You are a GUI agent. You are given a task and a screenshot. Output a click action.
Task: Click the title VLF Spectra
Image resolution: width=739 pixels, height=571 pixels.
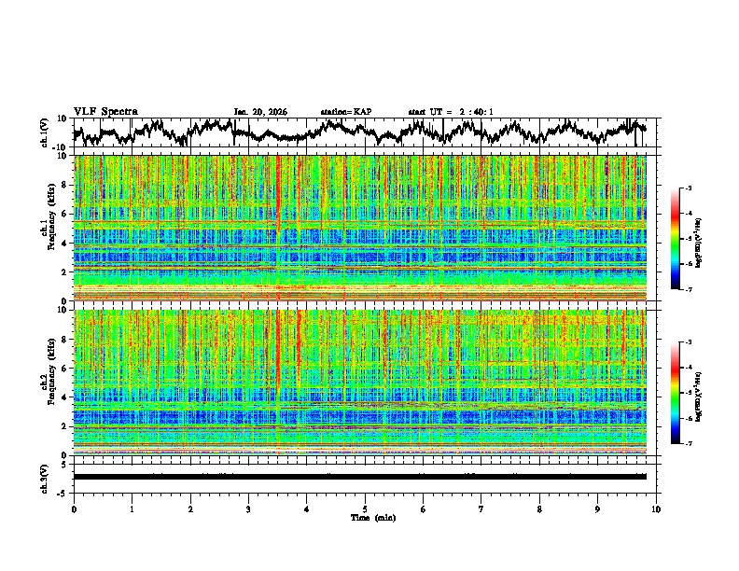pyautogui.click(x=105, y=111)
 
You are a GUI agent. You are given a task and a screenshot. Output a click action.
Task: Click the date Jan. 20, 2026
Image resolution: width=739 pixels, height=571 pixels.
pyautogui.click(x=260, y=112)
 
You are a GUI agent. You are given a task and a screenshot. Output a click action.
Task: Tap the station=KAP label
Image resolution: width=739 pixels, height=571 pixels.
pyautogui.click(x=345, y=112)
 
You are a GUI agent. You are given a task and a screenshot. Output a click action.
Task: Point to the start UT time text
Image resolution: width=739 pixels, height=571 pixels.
pyautogui.click(x=451, y=112)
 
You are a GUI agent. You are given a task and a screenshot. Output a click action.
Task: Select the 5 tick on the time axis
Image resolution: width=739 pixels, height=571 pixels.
pyautogui.click(x=365, y=509)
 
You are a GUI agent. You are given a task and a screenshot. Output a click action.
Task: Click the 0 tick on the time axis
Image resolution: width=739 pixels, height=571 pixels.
pyautogui.click(x=74, y=509)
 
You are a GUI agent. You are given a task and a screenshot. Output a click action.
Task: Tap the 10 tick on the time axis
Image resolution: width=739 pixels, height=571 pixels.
pyautogui.click(x=656, y=509)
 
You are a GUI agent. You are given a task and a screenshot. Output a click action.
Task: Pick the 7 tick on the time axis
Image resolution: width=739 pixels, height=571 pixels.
pyautogui.click(x=481, y=509)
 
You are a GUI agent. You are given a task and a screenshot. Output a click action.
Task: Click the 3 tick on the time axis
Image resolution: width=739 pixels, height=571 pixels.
pyautogui.click(x=248, y=509)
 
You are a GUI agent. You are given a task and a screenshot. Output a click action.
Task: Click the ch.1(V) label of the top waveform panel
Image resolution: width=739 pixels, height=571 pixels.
pyautogui.click(x=45, y=132)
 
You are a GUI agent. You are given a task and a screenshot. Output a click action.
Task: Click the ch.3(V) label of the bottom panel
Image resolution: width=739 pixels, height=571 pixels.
pyautogui.click(x=45, y=477)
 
